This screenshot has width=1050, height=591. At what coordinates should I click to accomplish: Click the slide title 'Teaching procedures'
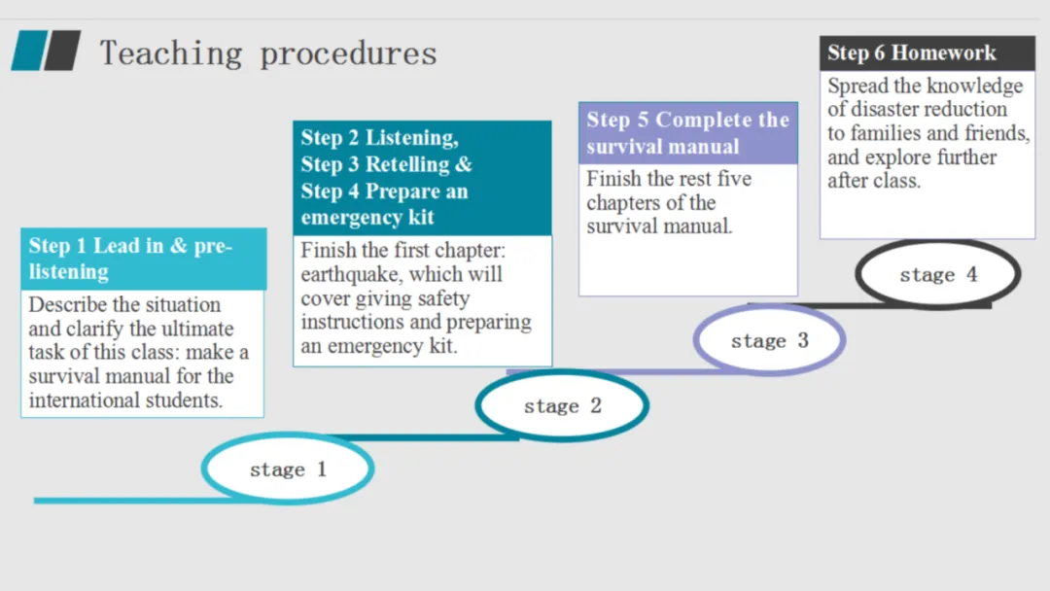tap(268, 53)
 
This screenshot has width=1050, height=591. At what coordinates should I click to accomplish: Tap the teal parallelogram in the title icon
tap(29, 51)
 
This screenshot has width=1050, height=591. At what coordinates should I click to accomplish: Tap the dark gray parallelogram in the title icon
tap(62, 51)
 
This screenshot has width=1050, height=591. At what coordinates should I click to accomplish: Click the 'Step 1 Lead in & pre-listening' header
tap(143, 259)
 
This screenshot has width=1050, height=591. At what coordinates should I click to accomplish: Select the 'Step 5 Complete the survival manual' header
tap(688, 133)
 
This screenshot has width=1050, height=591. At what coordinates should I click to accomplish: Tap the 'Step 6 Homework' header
tap(927, 52)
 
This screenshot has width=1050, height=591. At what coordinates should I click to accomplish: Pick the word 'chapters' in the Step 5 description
tap(625, 203)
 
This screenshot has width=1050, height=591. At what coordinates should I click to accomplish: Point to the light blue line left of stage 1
tap(130, 500)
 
